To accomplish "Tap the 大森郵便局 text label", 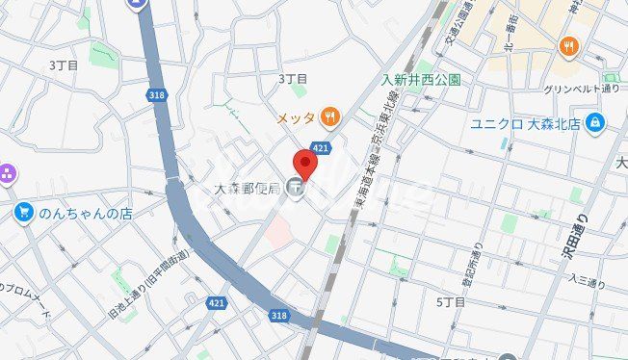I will coord(247,188).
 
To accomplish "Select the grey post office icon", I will coord(297,189).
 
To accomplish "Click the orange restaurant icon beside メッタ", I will coord(330,117).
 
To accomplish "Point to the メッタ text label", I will coord(296,118).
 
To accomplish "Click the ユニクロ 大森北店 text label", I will coord(526,123).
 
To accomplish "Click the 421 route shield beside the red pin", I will coord(323,147).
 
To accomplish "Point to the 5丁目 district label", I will coord(451,301).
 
